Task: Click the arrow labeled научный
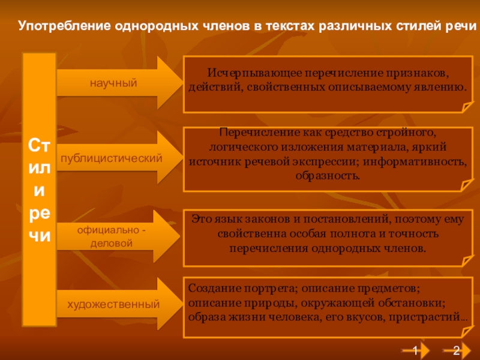(x=114, y=82)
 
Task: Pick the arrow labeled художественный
(x=113, y=304)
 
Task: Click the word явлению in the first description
(x=442, y=86)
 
